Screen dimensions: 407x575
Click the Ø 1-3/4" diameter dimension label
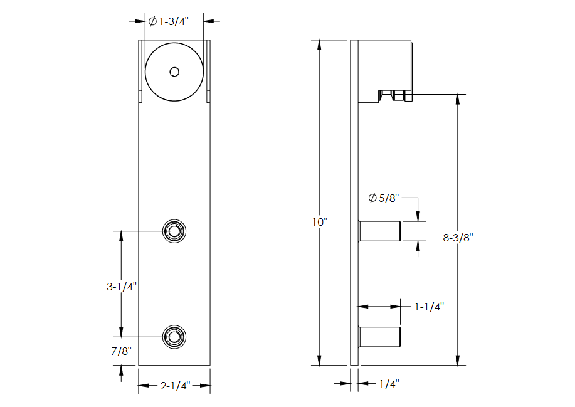coord(168,21)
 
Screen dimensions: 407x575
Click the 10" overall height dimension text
coord(320,222)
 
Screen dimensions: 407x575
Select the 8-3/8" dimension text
coord(457,238)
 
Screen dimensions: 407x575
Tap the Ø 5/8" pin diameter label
coord(383,198)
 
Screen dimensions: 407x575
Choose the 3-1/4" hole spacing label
coord(122,287)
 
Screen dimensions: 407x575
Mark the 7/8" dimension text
coord(122,352)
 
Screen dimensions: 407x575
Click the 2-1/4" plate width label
coord(174,386)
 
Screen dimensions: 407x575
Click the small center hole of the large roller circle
coord(174,71)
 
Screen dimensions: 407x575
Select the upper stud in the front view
coord(174,231)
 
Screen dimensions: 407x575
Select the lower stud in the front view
coord(174,337)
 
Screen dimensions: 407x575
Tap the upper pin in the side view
coord(379,231)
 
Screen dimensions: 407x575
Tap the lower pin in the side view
coord(379,337)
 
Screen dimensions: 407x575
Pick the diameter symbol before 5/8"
coord(372,198)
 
